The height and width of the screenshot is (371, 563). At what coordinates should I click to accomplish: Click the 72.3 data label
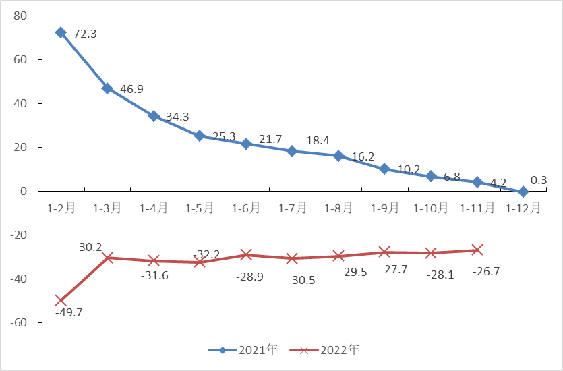85,34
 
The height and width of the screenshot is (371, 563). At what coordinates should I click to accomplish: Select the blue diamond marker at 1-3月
107,88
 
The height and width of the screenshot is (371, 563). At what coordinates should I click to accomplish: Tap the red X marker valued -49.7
61,300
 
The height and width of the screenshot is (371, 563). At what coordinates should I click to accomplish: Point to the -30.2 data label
88,248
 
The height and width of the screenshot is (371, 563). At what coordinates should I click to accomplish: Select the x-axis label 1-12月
523,208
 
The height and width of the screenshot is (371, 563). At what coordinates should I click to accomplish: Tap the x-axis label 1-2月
61,208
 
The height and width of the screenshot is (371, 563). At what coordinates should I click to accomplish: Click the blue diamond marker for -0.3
523,192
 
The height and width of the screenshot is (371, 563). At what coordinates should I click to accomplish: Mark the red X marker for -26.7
477,250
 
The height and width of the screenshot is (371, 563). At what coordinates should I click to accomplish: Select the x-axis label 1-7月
292,208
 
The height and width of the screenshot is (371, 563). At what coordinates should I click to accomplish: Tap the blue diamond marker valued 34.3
153,116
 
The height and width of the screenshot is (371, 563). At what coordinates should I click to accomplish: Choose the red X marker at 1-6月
245,254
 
